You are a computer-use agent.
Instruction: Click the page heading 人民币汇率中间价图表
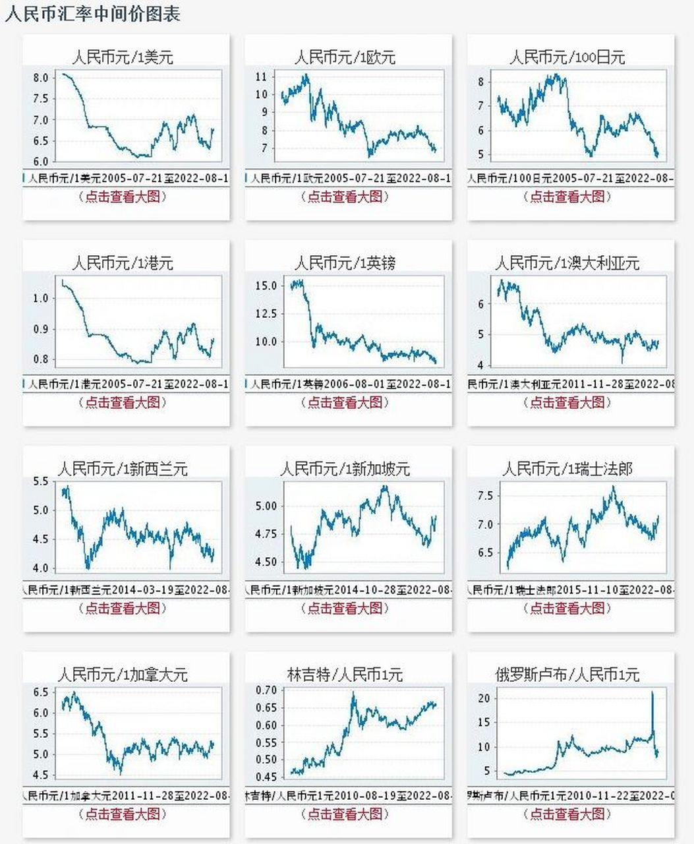click(x=92, y=14)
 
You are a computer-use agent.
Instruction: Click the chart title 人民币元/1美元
click(x=123, y=57)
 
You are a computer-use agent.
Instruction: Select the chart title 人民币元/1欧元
click(x=345, y=57)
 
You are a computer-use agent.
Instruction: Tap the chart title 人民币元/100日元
click(x=567, y=57)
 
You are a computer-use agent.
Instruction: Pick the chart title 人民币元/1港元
click(x=123, y=263)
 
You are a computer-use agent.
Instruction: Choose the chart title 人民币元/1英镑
click(x=345, y=263)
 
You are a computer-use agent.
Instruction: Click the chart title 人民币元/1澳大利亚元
click(x=567, y=263)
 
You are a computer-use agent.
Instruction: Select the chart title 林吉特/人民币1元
click(x=345, y=675)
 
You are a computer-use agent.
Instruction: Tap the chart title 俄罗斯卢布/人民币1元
click(x=567, y=675)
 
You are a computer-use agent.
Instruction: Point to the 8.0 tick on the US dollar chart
click(x=40, y=78)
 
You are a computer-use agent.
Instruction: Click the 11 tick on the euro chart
click(x=262, y=76)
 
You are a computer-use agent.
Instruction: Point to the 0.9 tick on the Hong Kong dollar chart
click(x=40, y=329)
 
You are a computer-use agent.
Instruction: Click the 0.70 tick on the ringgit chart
click(x=266, y=690)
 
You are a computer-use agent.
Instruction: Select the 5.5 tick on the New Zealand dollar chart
click(x=40, y=481)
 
